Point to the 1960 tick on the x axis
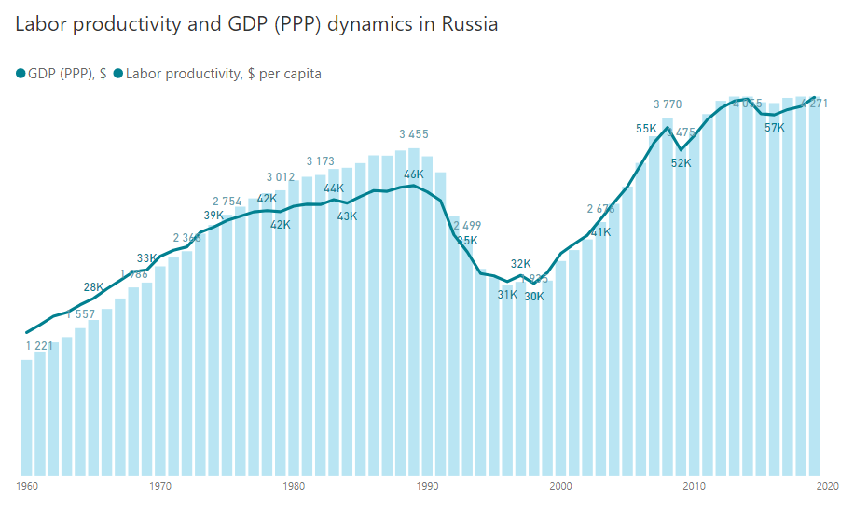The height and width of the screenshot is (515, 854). [x=26, y=486]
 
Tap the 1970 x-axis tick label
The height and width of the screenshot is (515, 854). [x=160, y=486]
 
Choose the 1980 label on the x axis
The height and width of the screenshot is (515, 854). [x=294, y=486]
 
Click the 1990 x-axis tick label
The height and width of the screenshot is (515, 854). [x=427, y=486]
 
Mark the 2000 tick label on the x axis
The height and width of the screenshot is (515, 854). [x=560, y=486]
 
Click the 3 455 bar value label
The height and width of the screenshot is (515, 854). [x=414, y=134]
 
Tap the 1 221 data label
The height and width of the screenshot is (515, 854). [x=40, y=346]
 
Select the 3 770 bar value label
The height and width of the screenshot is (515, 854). [x=668, y=104]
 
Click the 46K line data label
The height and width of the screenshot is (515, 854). [x=414, y=174]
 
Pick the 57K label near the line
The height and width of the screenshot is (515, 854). [x=775, y=128]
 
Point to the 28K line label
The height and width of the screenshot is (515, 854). [x=93, y=287]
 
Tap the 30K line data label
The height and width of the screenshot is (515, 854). [x=534, y=297]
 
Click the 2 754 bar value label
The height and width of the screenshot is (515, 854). [x=227, y=202]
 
